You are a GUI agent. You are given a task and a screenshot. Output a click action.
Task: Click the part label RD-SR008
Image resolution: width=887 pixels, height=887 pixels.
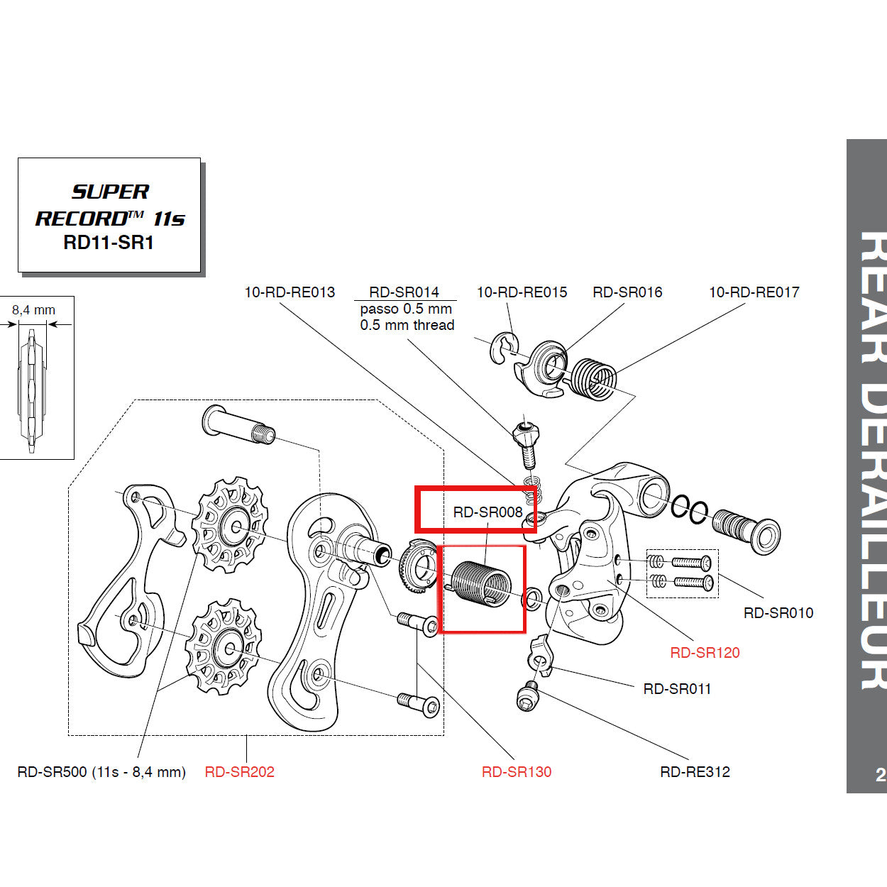click(x=487, y=512)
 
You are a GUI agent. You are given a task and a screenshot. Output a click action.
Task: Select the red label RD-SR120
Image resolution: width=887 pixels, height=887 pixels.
click(x=705, y=652)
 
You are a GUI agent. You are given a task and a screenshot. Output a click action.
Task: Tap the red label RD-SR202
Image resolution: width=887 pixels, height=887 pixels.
click(x=239, y=771)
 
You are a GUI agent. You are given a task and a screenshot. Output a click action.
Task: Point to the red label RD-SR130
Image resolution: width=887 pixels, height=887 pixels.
click(x=516, y=771)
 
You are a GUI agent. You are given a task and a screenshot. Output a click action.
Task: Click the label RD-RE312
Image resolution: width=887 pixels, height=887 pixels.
click(x=695, y=771)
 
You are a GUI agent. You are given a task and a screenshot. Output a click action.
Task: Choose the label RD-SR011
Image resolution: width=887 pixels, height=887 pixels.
click(x=676, y=688)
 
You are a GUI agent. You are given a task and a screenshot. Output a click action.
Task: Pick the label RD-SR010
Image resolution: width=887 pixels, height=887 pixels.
click(x=778, y=612)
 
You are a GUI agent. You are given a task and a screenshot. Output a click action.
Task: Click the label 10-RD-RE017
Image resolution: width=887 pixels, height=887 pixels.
click(x=754, y=292)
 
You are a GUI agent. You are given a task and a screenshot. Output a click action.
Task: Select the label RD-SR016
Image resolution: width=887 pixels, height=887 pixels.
click(x=627, y=292)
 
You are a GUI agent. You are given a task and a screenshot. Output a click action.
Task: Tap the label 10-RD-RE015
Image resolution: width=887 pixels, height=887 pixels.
click(x=522, y=292)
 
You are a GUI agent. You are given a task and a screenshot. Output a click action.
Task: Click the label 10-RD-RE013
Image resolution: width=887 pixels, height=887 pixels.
click(x=290, y=292)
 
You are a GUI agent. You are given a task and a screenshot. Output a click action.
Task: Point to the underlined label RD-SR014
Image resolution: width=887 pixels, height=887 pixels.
click(x=404, y=292)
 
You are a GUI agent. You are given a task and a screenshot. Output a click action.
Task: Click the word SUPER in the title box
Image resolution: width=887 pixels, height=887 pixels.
click(x=111, y=192)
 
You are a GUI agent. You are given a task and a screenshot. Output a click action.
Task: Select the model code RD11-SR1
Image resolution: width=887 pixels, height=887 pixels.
click(x=109, y=242)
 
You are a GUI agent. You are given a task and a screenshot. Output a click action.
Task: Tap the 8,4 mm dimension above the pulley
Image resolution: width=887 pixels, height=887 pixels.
click(x=33, y=310)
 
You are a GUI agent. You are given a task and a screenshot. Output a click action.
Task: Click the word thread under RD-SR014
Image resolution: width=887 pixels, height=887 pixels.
click(x=434, y=325)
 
